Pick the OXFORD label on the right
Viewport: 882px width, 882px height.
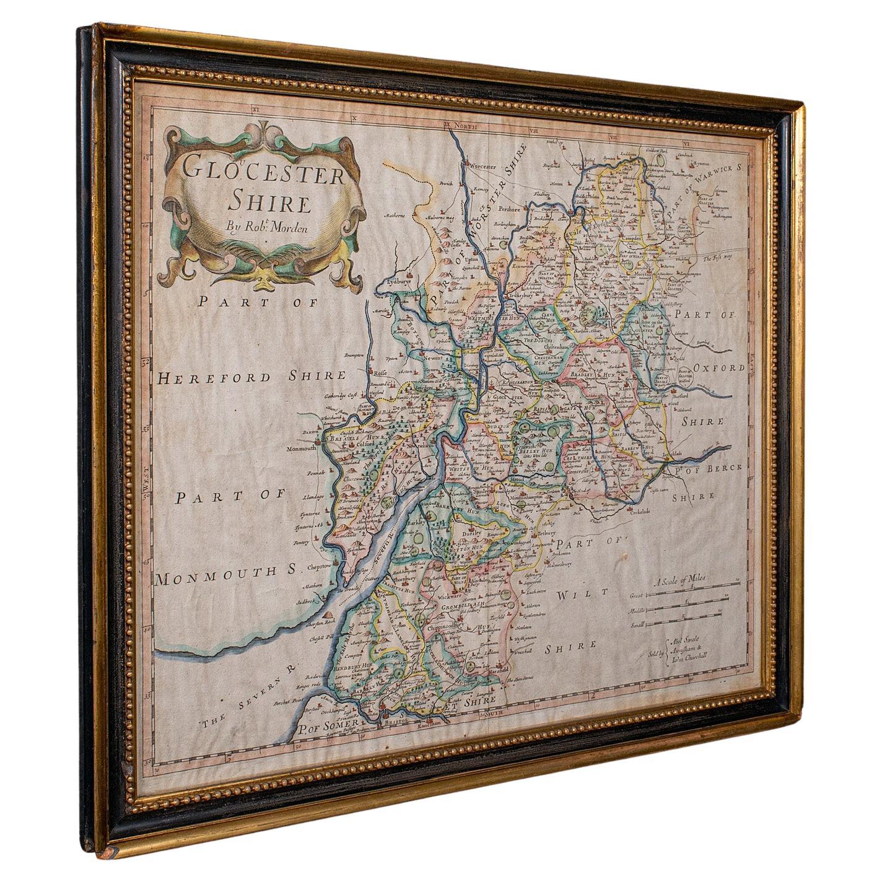pos(718,368)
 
